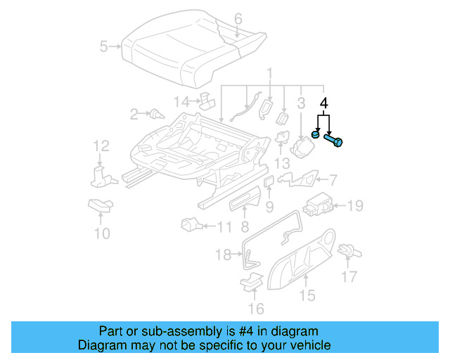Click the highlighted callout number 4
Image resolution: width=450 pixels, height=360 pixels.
(324, 103)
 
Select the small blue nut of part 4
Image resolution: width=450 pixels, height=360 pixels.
(317, 134)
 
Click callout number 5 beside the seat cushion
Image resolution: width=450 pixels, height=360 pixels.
(104, 47)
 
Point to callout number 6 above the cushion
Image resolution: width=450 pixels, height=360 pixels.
(238, 18)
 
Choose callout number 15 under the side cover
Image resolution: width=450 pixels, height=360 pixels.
(307, 296)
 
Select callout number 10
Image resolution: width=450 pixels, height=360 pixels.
(102, 233)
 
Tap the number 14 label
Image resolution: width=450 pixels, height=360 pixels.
(182, 102)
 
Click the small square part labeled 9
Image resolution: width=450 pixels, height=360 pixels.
(269, 183)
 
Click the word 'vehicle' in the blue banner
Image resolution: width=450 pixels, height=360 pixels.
(307, 345)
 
